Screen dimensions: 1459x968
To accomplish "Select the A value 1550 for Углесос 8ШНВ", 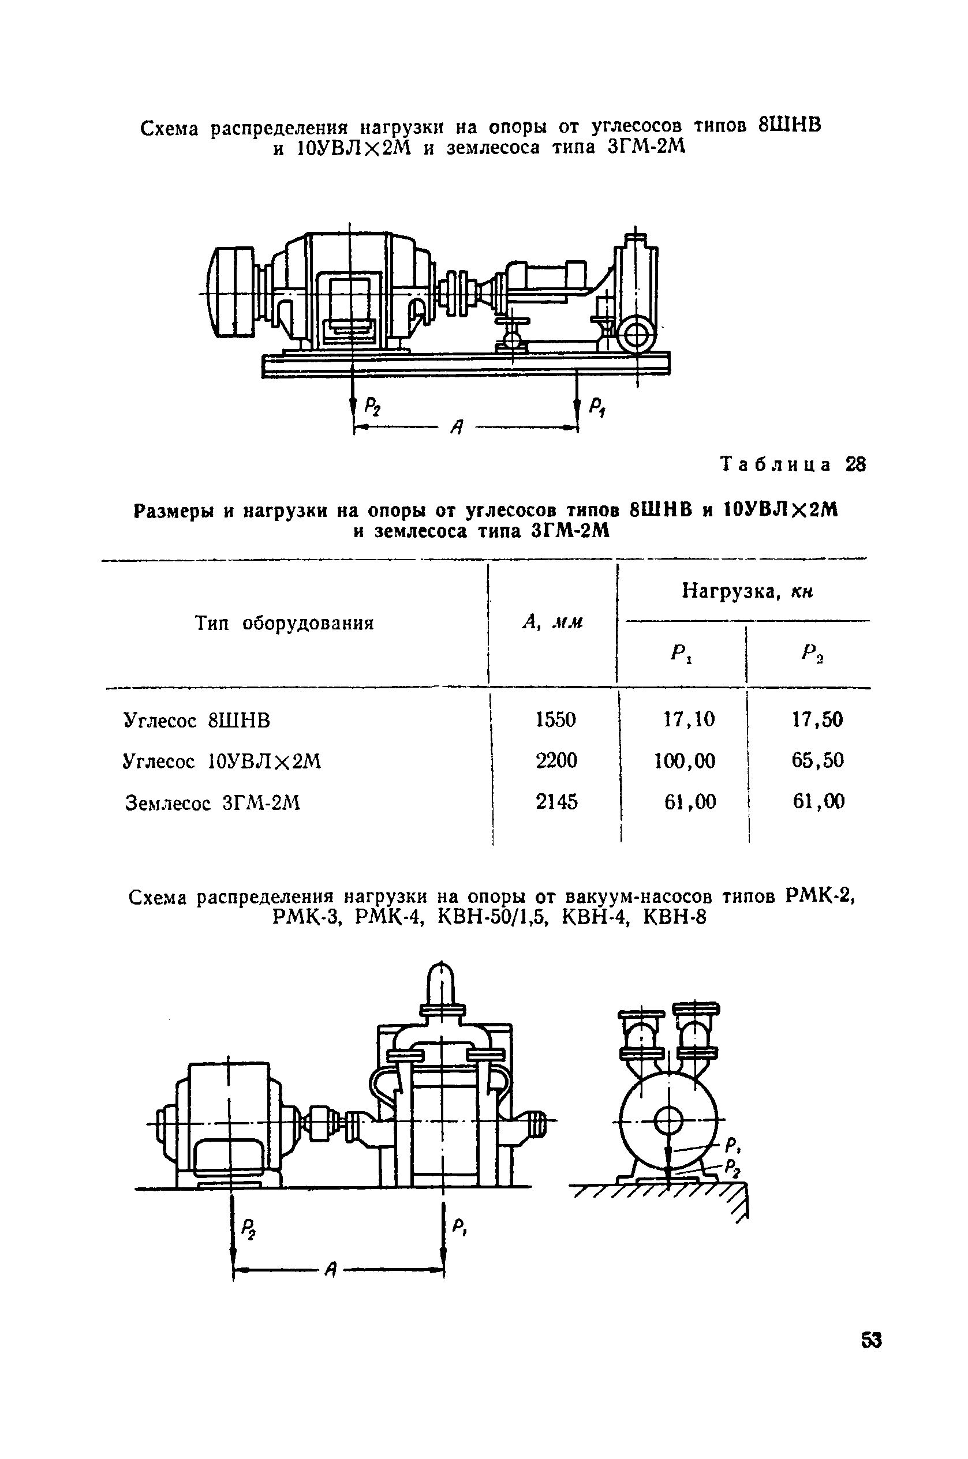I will pos(556,719).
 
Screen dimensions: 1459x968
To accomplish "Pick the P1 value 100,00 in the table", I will pos(685,761).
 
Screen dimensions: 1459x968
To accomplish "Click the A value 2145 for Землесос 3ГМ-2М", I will pos(557,801).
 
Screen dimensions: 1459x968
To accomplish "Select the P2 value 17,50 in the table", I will pos(817,719).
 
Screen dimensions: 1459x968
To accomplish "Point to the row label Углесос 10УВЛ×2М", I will pos(222,762).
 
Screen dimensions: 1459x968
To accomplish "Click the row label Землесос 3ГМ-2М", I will pos(212,802).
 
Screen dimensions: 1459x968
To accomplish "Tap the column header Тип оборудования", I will pos(285,623).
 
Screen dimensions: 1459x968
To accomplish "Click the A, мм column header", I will pos(552,623).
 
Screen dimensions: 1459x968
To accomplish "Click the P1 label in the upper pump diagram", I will pos(597,407).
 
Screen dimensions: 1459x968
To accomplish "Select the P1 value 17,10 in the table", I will pos(689,719).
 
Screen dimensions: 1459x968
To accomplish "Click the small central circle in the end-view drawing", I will pos(668,1120).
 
